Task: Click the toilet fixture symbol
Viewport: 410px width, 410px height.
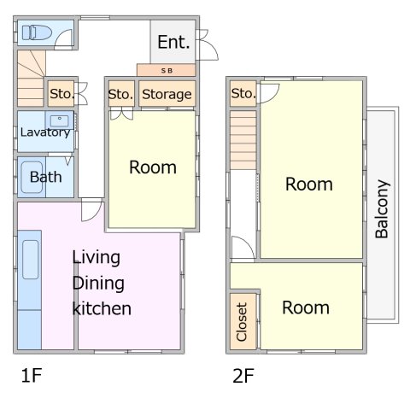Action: (x=37, y=32)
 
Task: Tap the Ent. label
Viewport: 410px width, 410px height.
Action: (x=173, y=42)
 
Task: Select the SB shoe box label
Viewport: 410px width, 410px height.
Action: (x=167, y=71)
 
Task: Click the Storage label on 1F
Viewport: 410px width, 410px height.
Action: (x=167, y=94)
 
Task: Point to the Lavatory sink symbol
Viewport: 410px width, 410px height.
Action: (x=60, y=121)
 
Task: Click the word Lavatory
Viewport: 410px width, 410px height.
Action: (x=45, y=132)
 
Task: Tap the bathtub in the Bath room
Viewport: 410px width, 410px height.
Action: (x=32, y=178)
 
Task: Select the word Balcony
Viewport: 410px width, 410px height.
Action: (x=382, y=208)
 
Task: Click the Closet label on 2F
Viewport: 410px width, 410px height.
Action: (x=242, y=322)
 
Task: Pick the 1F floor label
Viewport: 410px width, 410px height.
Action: (x=32, y=375)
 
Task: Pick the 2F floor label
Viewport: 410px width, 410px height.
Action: (x=243, y=375)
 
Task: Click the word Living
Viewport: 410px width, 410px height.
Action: (x=96, y=258)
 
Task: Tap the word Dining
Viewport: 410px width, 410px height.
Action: (x=98, y=284)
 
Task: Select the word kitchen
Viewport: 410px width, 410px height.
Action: (x=102, y=308)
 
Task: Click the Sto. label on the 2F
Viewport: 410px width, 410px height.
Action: (x=243, y=93)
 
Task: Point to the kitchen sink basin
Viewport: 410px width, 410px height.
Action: (x=31, y=260)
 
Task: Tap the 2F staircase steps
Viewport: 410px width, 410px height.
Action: (x=243, y=140)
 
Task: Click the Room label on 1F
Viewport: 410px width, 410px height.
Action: (x=153, y=167)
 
